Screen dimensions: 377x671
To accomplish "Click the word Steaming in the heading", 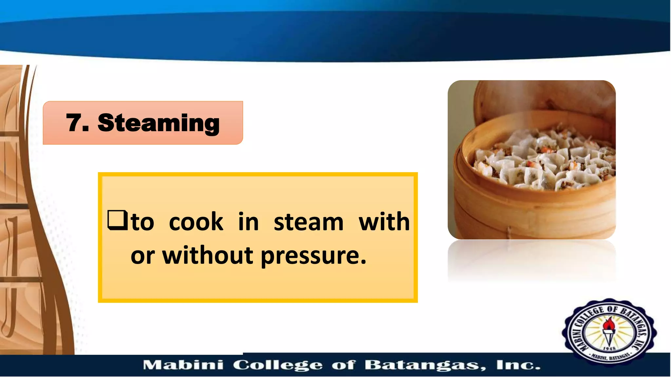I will coord(159,123).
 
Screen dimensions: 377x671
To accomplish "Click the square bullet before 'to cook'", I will coord(117,220).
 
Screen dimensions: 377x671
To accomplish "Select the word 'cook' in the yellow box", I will coord(196,222).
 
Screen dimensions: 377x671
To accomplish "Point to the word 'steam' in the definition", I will coord(308,222).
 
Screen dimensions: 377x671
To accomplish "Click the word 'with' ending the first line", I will coord(384,222).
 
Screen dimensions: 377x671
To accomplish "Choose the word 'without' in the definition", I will coord(208,255).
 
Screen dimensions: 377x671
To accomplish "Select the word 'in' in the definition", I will coord(248,222).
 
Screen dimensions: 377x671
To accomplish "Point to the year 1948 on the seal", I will coord(609,349).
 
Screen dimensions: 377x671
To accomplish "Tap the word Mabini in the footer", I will coord(183,365).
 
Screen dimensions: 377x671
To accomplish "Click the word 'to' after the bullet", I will coord(143,222).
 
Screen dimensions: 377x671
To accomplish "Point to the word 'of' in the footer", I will coord(343,365).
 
